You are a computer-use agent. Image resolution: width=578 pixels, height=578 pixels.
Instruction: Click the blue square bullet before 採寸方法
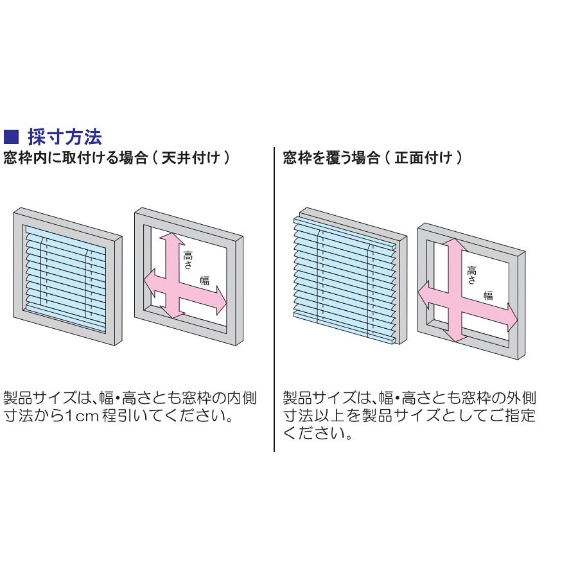11,136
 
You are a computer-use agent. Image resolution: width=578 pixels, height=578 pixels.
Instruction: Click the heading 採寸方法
65,137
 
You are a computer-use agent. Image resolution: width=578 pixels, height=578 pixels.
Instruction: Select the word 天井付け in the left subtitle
191,158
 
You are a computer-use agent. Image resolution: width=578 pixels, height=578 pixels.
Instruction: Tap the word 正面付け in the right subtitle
423,158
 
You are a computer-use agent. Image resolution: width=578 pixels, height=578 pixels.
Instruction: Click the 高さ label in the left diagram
188,260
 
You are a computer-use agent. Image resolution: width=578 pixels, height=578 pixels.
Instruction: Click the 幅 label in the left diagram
205,281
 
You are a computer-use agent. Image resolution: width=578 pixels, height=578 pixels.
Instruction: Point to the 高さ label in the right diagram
471,276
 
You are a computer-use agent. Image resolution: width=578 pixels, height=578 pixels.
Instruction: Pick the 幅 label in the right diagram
489,295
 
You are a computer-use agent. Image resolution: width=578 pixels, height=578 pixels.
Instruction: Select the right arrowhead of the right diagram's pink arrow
512,317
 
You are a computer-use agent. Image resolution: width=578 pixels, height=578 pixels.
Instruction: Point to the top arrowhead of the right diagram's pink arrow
455,245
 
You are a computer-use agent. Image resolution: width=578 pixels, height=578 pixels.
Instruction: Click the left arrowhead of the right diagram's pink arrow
423,295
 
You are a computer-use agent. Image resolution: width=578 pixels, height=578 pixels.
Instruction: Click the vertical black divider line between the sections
274,300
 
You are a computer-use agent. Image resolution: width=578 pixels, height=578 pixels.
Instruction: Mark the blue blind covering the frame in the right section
345,280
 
